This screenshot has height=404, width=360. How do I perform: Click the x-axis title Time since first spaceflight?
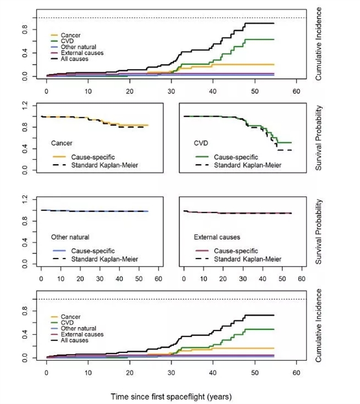click(x=171, y=396)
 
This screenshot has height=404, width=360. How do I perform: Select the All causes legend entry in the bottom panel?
click(x=73, y=340)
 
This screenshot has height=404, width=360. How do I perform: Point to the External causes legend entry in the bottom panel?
click(x=78, y=334)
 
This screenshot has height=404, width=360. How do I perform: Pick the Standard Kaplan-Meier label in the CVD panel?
click(x=243, y=165)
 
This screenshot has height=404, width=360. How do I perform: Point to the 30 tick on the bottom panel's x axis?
click(x=172, y=372)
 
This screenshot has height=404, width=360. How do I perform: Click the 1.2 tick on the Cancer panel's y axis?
click(x=24, y=105)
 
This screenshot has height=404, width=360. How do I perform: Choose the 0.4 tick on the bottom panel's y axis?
click(x=24, y=333)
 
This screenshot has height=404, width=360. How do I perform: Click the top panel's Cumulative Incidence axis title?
click(x=318, y=43)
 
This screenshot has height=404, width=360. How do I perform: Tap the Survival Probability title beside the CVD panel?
click(x=318, y=137)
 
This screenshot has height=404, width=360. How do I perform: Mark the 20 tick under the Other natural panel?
click(x=80, y=278)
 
